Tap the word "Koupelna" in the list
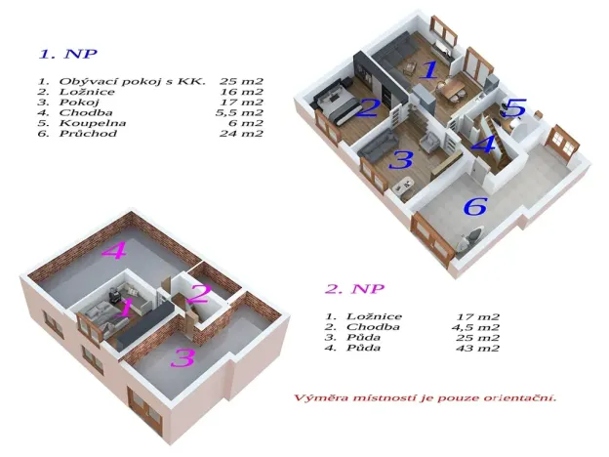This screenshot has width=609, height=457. [x=90, y=123]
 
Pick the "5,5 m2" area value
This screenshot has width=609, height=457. [x=240, y=112]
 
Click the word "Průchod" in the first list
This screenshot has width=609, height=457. [x=88, y=134]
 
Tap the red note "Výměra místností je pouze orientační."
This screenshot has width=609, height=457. [x=428, y=399]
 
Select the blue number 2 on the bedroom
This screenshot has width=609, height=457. [x=367, y=107]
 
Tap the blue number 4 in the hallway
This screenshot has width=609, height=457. [x=482, y=146]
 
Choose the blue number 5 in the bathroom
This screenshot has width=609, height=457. [x=515, y=108]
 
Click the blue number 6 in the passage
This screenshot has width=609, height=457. [x=474, y=206]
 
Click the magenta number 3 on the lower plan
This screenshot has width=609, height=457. [x=182, y=357]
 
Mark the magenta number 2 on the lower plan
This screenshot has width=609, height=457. [x=199, y=292]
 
